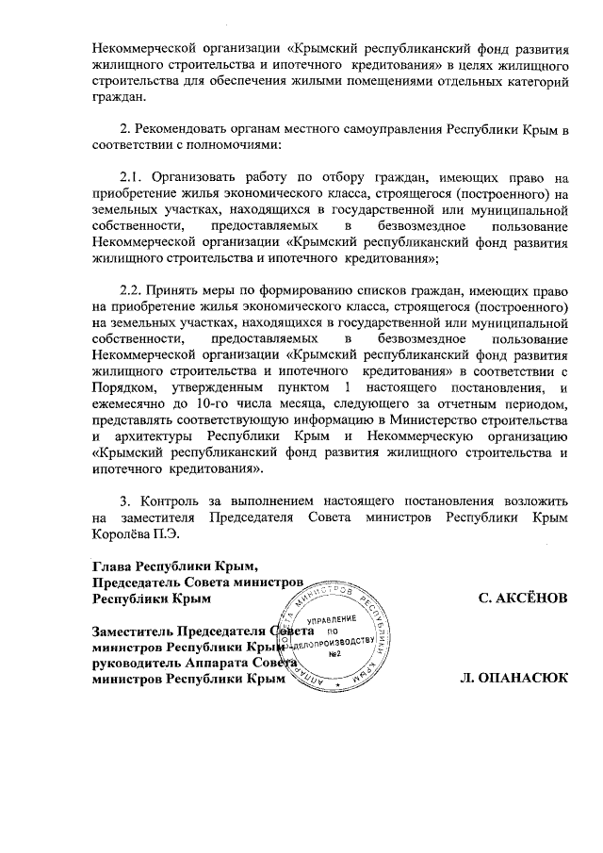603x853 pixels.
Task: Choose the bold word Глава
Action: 112,566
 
